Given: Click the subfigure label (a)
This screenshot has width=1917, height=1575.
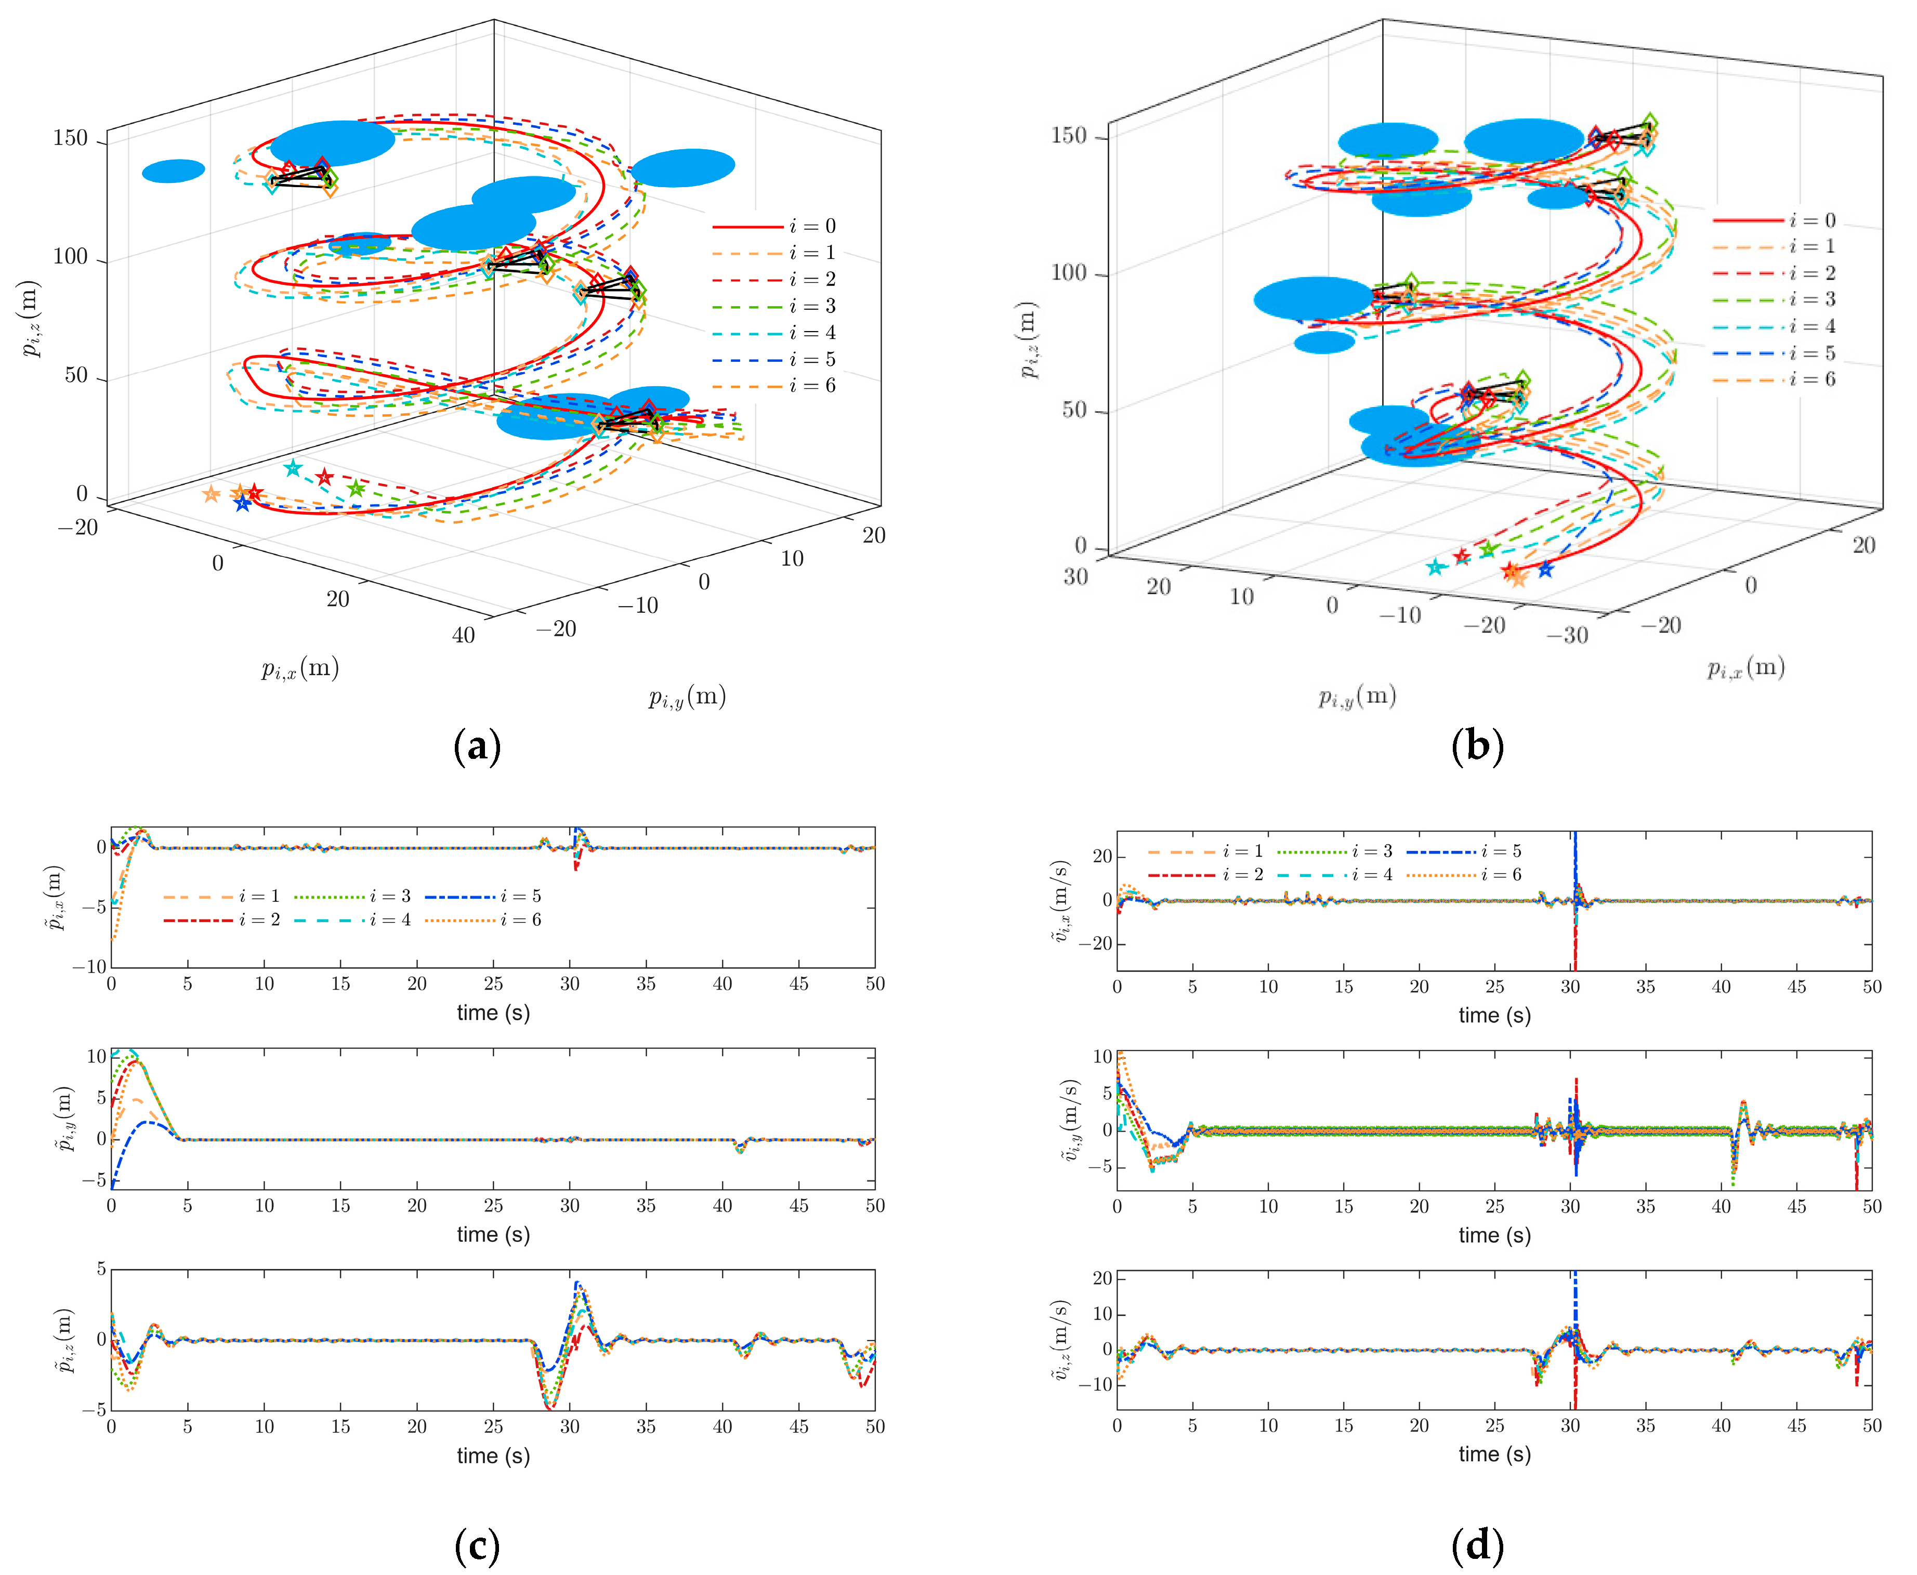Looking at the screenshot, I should (x=476, y=746).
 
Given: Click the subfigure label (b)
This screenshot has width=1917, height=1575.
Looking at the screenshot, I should (x=1477, y=746).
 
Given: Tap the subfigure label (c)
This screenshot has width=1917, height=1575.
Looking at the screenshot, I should (x=476, y=1546).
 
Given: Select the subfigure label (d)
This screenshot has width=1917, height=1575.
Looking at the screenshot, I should (x=1477, y=1546).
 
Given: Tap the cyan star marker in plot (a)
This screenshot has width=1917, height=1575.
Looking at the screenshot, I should (x=292, y=468).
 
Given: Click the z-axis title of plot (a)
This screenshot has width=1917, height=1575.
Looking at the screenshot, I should (x=31, y=319).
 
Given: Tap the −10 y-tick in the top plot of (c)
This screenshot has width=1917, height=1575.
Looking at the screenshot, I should (x=89, y=966).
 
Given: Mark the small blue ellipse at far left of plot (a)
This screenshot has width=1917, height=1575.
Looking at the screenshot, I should (x=173, y=170).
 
